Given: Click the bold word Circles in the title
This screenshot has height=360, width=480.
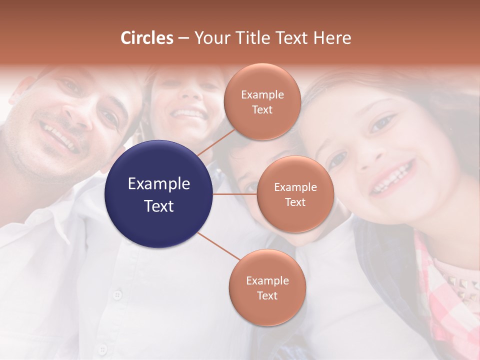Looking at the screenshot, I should pyautogui.click(x=147, y=38).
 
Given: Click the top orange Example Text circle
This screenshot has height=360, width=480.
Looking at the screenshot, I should pyautogui.click(x=262, y=101).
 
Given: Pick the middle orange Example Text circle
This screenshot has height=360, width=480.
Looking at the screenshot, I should pyautogui.click(x=295, y=194).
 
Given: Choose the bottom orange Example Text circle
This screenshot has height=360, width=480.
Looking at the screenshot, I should pyautogui.click(x=267, y=287).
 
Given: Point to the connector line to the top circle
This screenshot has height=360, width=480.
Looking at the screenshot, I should pyautogui.click(x=216, y=141).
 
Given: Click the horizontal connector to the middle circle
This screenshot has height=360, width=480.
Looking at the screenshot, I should pyautogui.click(x=235, y=194).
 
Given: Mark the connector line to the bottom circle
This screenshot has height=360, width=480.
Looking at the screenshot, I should pyautogui.click(x=218, y=245).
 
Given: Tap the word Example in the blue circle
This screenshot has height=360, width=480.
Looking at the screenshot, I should pyautogui.click(x=159, y=184).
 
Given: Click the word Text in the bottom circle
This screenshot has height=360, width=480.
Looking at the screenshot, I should pyautogui.click(x=267, y=295).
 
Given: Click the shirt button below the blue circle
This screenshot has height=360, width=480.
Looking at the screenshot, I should pyautogui.click(x=117, y=294).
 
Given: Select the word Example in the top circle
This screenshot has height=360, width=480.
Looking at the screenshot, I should pyautogui.click(x=262, y=94).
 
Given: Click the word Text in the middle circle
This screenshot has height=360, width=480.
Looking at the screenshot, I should pyautogui.click(x=295, y=202).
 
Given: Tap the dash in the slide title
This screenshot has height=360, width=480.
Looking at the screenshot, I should pyautogui.click(x=183, y=38).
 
